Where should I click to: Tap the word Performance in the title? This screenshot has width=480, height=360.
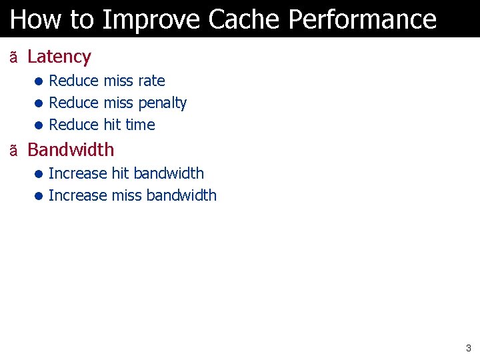coord(363,19)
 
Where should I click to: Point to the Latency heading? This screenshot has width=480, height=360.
coord(59,57)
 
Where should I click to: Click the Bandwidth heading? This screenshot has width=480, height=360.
coord(71,150)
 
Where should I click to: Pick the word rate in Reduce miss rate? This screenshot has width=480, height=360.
coord(151,81)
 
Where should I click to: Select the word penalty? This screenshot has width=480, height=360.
coord(162,103)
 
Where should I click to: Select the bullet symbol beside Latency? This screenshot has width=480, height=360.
coord(13,58)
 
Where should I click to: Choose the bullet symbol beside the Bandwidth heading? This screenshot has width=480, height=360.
coord(13,151)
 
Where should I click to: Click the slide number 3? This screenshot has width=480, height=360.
coord(468,347)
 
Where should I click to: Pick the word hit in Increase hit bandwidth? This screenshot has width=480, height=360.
coord(121,173)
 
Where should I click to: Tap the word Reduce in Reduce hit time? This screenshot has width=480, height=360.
coord(73,125)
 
